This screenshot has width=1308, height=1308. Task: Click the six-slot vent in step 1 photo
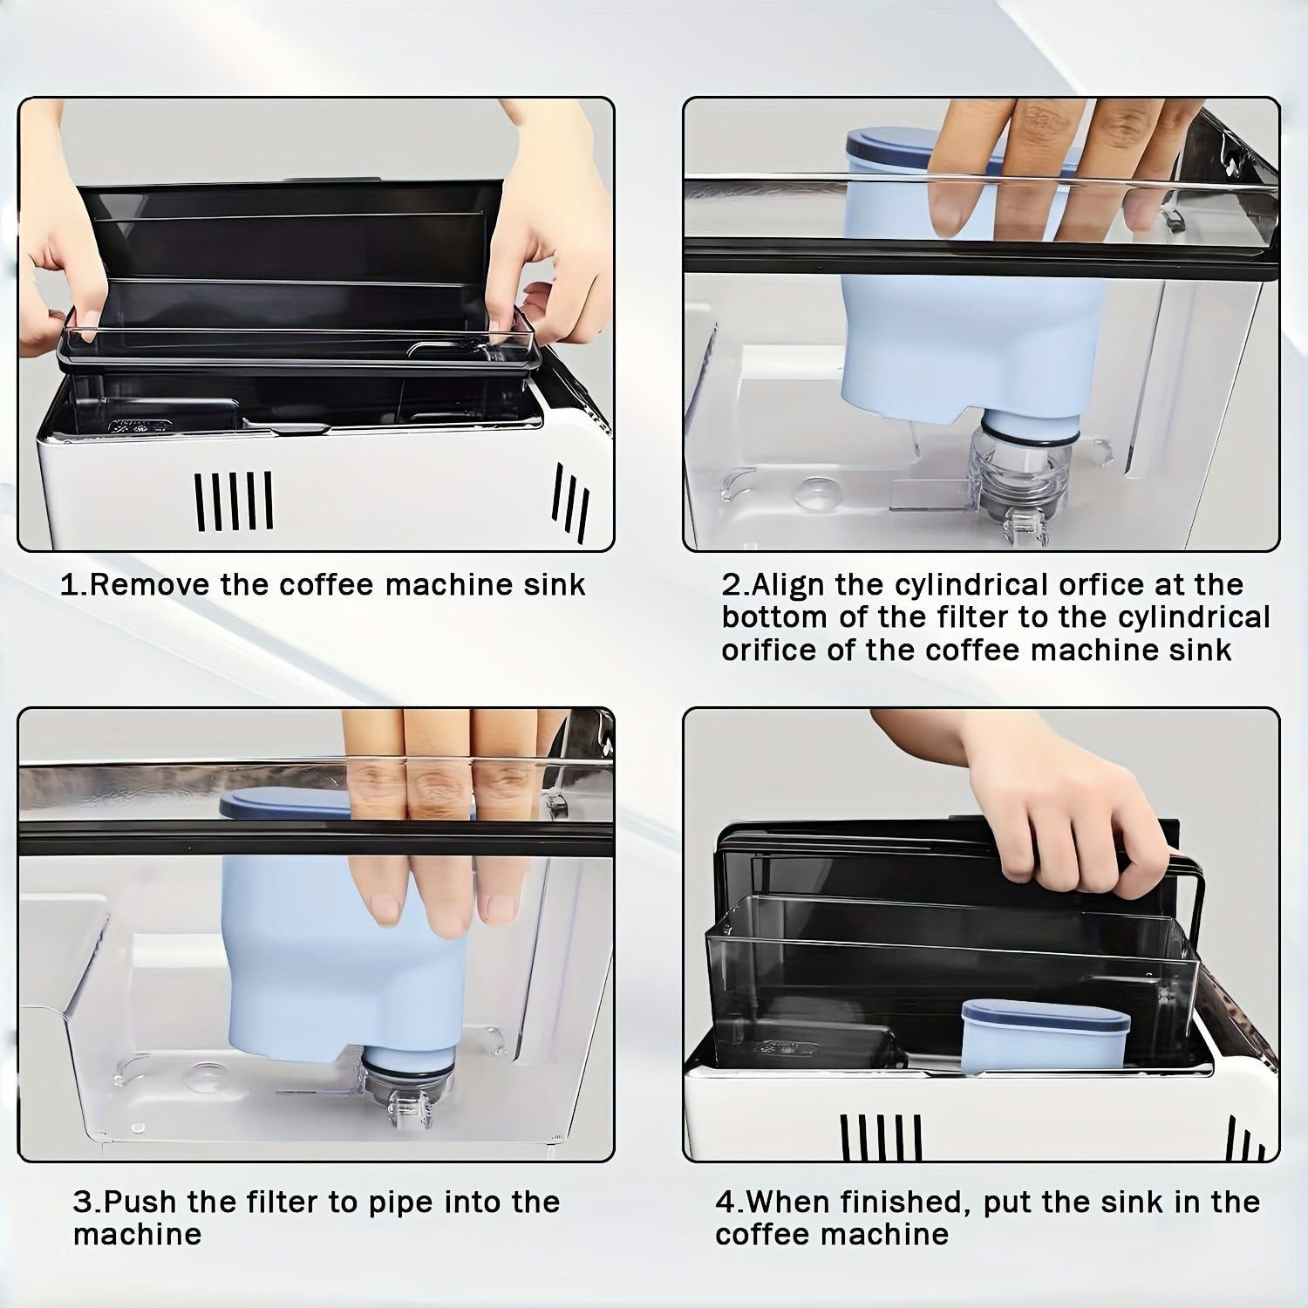[x=234, y=501]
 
